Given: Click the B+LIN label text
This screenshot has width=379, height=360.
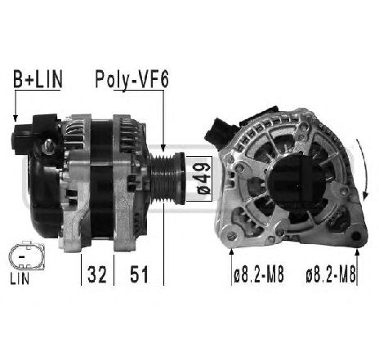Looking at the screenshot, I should [x=38, y=80].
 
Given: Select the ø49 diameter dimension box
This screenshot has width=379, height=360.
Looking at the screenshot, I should [x=201, y=178].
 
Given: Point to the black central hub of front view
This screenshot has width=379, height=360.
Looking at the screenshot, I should [x=292, y=175].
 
